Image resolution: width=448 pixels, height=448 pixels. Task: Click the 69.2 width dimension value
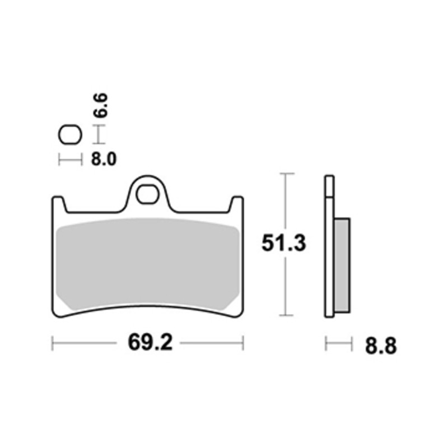[150, 342]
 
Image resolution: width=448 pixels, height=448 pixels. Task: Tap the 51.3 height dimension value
[284, 243]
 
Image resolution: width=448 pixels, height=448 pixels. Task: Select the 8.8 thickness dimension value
[381, 346]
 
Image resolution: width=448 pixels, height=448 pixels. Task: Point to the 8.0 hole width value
[104, 159]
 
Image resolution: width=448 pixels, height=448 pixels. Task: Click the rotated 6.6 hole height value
[101, 105]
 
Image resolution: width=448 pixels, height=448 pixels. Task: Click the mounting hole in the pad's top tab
[147, 194]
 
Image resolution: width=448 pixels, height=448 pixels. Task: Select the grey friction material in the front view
[148, 264]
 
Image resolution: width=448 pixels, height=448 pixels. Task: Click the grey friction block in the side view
[342, 265]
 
